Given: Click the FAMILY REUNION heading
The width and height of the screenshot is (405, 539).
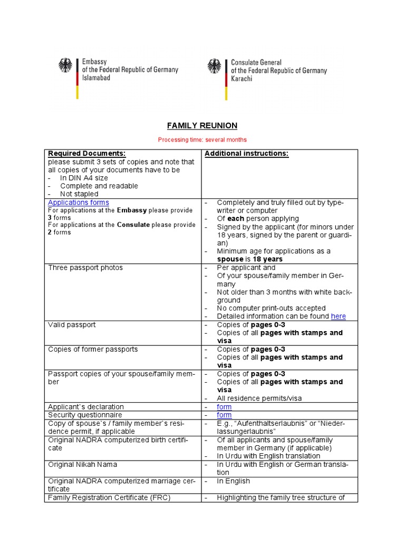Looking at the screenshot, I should tap(202, 125).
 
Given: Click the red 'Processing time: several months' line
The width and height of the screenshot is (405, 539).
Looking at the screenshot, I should tap(202, 139).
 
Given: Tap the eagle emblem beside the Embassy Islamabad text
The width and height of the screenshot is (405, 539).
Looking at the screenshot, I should tap(66, 66).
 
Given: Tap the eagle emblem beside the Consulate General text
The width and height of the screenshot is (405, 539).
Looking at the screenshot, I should tap(214, 66).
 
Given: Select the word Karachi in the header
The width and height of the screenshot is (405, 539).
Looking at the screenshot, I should tap(242, 78).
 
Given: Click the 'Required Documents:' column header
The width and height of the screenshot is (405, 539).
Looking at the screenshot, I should tap(86, 153).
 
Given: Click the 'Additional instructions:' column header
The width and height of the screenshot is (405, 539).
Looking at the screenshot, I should tap(246, 153).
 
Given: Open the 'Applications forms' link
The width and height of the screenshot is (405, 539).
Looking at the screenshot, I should tap(79, 203).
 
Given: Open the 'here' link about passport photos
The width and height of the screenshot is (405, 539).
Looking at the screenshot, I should tap(339, 316).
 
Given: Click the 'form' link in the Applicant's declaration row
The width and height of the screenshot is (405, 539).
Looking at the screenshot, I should tap(224, 407).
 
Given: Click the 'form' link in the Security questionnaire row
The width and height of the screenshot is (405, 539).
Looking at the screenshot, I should tap(224, 415).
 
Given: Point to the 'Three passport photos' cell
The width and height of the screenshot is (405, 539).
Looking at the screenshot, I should tap(85, 268).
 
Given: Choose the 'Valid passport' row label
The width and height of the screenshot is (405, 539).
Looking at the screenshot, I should tap(72, 325).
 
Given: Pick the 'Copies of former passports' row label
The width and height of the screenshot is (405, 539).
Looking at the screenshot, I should tap(93, 350).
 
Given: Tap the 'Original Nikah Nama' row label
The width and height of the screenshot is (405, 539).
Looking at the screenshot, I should tap(83, 465).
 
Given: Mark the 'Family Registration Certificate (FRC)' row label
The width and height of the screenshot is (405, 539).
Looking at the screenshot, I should tap(109, 497).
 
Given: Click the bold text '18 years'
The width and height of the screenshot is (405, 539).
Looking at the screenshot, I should tap(267, 259).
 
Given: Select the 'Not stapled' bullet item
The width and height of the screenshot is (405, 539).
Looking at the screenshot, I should tap(79, 194).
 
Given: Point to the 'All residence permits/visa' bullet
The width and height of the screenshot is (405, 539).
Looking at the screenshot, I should tap(259, 398).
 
